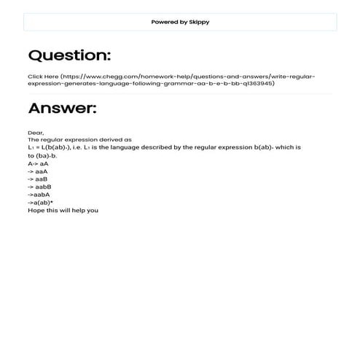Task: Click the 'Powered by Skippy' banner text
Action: (x=180, y=22)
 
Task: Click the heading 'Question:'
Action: (x=69, y=55)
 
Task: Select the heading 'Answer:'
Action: (x=62, y=109)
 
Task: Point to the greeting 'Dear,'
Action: (x=36, y=132)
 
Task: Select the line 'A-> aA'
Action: (x=39, y=164)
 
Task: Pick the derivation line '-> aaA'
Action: (x=38, y=171)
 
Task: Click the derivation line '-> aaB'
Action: (x=38, y=179)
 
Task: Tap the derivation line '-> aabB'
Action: (x=39, y=187)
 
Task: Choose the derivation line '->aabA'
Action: (x=39, y=195)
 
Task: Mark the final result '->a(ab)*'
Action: (x=41, y=203)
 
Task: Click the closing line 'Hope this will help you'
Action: (x=63, y=211)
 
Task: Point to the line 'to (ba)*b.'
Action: (x=42, y=155)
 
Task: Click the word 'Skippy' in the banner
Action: (x=199, y=22)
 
